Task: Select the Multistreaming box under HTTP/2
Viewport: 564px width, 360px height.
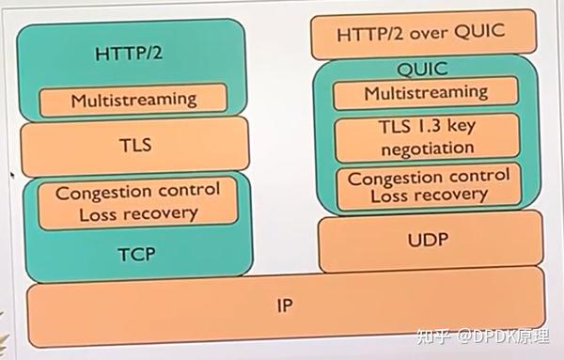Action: coord(133,98)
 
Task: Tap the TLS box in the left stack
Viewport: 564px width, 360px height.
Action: coord(135,146)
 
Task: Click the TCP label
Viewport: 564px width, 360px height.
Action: coord(137,253)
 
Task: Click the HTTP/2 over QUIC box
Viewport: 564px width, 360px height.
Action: coord(420,33)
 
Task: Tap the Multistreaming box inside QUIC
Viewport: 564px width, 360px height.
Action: coord(426,92)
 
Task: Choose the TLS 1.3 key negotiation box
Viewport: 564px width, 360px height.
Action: coord(426,137)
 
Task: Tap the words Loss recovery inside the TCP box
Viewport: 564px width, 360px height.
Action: coord(137,212)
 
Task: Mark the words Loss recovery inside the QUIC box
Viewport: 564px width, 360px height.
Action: coord(428,196)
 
